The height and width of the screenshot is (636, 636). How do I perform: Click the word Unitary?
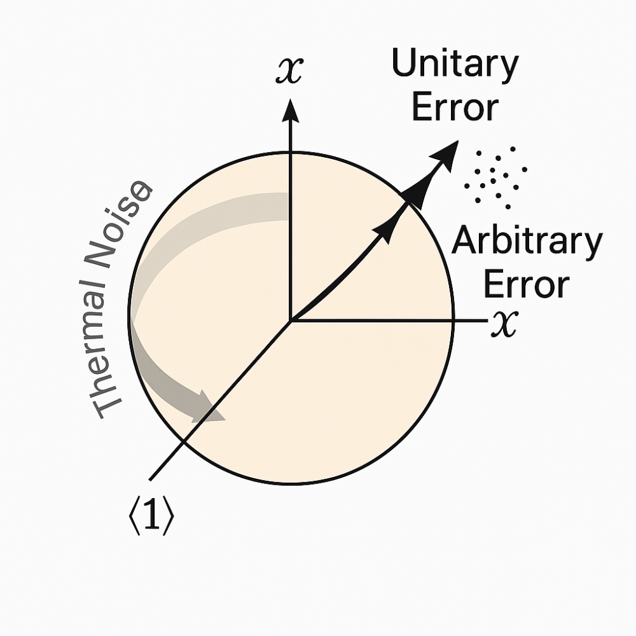click(x=455, y=66)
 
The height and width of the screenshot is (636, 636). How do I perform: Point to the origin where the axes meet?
click(x=291, y=320)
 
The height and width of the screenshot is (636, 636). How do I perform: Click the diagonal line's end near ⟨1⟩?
click(x=150, y=479)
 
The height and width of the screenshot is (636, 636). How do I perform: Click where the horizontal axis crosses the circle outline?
click(x=453, y=321)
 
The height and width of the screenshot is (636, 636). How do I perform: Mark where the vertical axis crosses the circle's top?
click(x=291, y=153)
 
